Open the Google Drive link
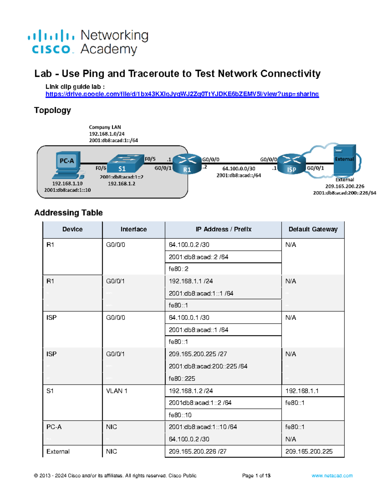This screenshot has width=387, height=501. (182, 94)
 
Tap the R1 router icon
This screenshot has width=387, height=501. (187, 164)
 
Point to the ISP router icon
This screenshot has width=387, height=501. (291, 164)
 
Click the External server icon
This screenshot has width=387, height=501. (344, 160)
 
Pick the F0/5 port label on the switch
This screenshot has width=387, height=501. (150, 159)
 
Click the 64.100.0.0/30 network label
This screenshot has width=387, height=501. (239, 169)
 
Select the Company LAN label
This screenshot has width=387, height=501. (105, 127)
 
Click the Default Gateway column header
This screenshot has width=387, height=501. (313, 229)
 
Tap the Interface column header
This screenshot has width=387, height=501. (134, 229)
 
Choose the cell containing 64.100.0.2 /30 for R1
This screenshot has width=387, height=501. (189, 245)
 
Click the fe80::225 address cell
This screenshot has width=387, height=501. (182, 378)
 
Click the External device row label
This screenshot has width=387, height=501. (58, 452)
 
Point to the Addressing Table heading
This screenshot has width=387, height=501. (68, 213)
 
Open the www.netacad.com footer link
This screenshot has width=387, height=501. (332, 476)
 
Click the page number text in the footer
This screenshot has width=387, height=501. (256, 476)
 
